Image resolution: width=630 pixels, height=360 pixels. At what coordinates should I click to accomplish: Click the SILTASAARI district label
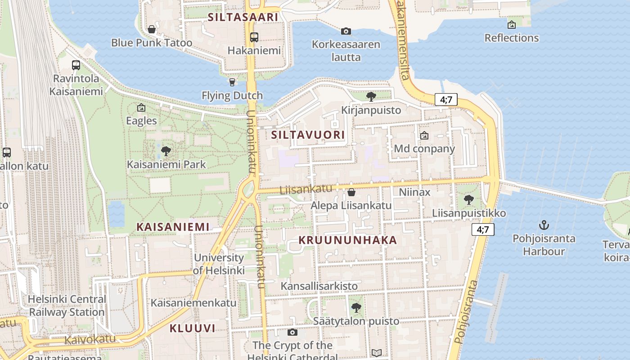(243, 17)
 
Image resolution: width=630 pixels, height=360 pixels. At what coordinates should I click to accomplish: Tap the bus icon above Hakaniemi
(254, 37)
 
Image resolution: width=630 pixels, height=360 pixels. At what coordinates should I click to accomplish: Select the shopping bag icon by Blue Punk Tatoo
(152, 30)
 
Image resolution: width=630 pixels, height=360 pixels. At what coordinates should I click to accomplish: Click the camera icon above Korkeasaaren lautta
(346, 31)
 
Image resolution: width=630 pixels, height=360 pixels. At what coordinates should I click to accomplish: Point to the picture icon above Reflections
(511, 25)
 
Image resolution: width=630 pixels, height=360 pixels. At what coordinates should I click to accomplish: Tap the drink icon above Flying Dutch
(232, 82)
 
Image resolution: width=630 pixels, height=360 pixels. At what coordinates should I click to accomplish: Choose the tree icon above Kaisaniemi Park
(166, 151)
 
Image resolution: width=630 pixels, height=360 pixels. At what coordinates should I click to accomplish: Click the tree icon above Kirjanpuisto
(371, 96)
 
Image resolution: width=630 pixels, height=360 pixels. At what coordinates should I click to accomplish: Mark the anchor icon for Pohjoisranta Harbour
(544, 225)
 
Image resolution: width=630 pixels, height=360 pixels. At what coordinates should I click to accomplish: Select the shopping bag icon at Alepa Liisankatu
(351, 193)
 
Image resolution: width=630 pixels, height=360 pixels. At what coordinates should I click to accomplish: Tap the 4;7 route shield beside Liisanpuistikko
(483, 229)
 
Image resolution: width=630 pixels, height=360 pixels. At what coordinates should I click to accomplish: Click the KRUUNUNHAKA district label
(348, 240)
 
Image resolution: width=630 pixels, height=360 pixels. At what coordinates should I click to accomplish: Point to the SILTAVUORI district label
(308, 135)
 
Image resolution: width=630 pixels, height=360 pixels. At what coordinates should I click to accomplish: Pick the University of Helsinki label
(219, 264)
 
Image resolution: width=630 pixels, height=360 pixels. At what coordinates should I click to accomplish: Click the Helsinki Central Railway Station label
(67, 306)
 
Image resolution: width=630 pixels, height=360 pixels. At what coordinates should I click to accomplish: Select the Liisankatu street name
(306, 189)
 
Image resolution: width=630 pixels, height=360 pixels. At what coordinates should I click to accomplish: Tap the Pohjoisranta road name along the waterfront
(466, 312)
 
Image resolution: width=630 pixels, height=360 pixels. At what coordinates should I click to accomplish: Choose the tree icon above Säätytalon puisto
(356, 308)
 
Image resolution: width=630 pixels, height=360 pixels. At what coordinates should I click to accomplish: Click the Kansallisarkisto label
(319, 286)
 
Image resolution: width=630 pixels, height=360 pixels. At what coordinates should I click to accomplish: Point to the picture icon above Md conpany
(424, 135)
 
